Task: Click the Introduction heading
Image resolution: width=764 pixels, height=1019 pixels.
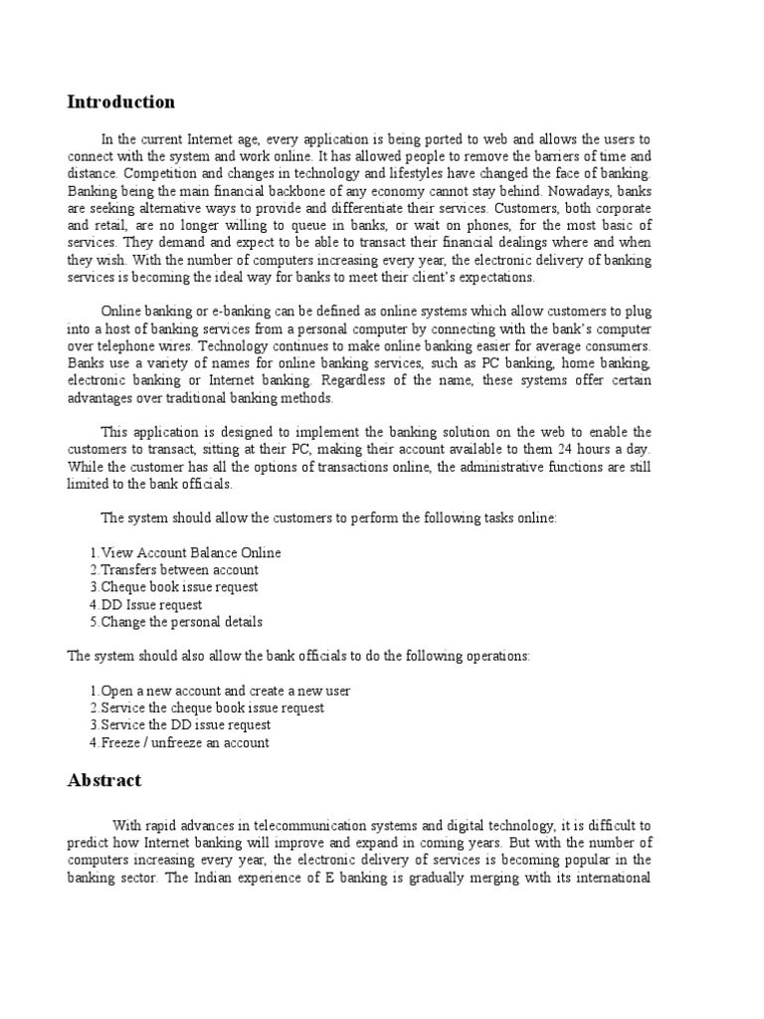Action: [120, 102]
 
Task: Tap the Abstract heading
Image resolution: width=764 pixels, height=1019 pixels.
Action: [104, 781]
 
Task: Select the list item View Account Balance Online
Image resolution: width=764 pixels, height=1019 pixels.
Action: [185, 552]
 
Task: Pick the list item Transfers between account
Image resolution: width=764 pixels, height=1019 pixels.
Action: [174, 569]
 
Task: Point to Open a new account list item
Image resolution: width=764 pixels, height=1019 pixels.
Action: [220, 691]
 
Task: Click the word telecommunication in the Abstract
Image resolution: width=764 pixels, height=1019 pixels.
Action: [284, 825]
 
